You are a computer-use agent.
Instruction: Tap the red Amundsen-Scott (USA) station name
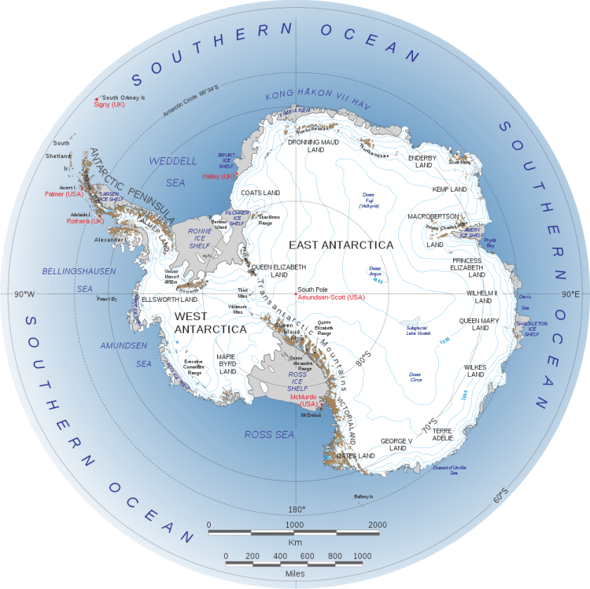tap(332, 298)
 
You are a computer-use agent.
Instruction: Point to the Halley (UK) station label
tap(218, 176)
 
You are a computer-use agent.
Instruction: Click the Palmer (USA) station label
tap(64, 194)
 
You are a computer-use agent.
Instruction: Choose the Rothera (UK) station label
tap(85, 221)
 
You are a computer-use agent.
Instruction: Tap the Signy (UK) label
tap(110, 104)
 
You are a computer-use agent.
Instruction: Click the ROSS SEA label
tap(269, 435)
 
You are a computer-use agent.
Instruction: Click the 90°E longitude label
tap(570, 293)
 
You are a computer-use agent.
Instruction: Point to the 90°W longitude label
tap(24, 293)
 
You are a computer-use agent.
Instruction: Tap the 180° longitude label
tap(296, 509)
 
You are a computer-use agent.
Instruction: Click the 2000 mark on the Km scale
tap(377, 524)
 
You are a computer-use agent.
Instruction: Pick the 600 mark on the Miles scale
tap(307, 556)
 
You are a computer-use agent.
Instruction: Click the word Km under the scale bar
tap(296, 543)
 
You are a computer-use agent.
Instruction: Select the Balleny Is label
tap(364, 496)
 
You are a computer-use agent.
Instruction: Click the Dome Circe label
tap(416, 376)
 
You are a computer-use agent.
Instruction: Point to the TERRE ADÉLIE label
tap(442, 433)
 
